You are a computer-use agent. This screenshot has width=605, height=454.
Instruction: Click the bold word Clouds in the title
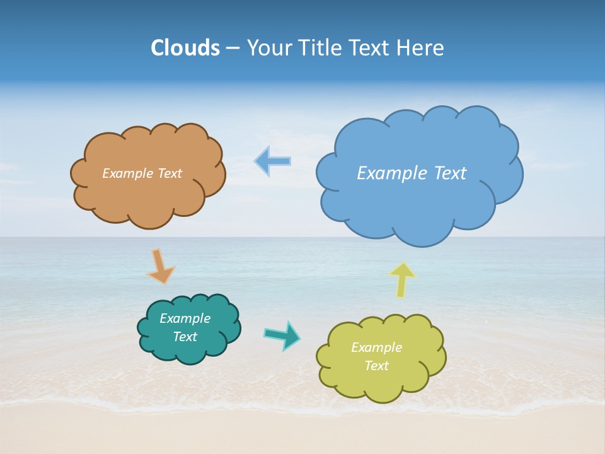tap(185, 48)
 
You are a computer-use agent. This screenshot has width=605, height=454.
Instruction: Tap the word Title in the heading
tap(321, 48)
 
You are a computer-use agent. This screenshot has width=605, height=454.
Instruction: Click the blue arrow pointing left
tap(272, 161)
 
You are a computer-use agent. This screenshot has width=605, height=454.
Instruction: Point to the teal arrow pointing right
tap(282, 335)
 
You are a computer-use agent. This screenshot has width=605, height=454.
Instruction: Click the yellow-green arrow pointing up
tap(402, 279)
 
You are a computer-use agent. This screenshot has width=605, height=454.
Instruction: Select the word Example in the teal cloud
tap(185, 318)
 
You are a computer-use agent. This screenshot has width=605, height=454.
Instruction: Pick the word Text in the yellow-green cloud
tap(376, 366)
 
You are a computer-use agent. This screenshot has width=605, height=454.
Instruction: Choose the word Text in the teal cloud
tap(185, 337)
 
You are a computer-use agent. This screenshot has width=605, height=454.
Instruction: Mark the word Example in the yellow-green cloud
tap(376, 347)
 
